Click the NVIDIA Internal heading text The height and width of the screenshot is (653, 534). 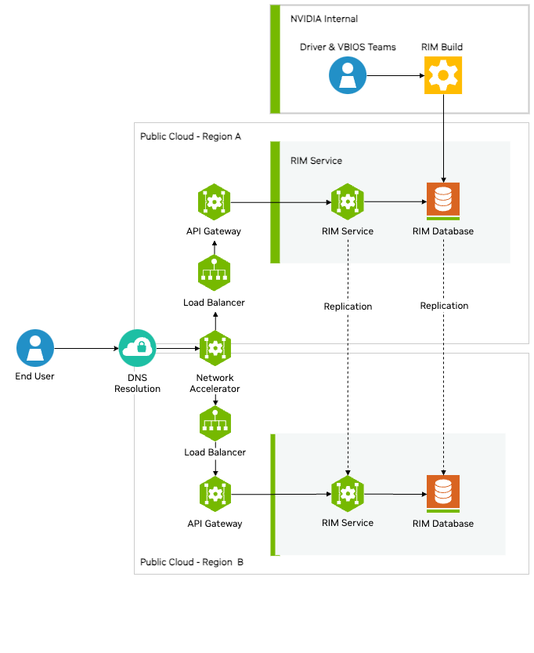pos(324,18)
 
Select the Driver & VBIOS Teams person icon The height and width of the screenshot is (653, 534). pos(348,75)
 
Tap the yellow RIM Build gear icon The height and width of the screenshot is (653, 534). pos(443,75)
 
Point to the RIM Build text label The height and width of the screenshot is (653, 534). pos(442,47)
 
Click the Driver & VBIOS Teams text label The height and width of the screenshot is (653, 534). pos(348,47)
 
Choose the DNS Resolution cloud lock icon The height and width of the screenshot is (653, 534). pos(137,348)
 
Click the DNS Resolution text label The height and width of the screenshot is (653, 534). pos(137,383)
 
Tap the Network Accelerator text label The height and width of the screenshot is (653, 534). pos(215,383)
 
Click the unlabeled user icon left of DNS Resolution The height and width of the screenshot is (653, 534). pos(35,348)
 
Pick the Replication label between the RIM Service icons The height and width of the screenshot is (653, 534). pos(348,307)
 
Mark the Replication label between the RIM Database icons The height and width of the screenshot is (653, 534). pos(444,306)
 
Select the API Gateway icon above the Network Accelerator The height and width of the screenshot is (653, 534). pos(214,202)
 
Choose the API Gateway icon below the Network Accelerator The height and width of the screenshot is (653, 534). pos(215,494)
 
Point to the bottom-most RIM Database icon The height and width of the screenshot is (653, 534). pos(443,493)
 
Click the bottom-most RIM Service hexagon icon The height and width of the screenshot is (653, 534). pos(347,494)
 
